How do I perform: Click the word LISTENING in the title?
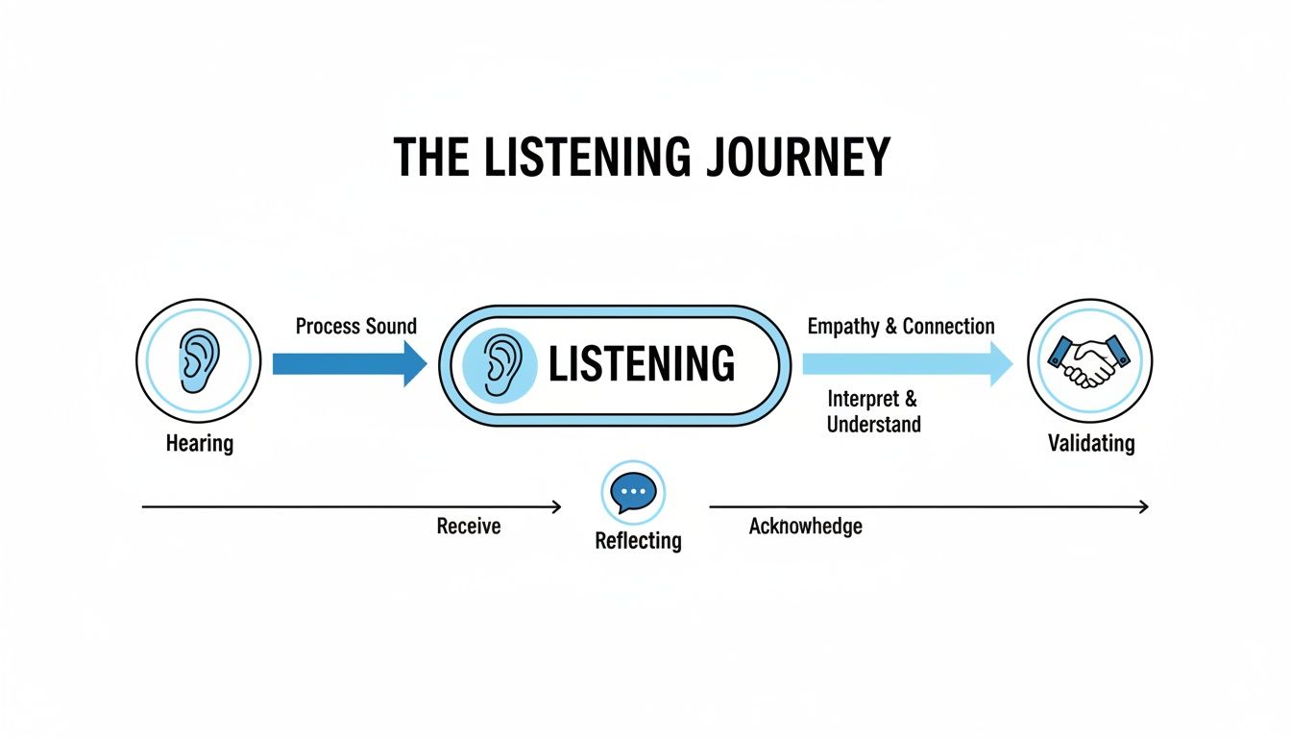click(x=587, y=158)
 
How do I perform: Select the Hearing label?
click(x=199, y=444)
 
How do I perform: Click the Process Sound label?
click(x=356, y=327)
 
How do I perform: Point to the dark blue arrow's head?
click(x=415, y=363)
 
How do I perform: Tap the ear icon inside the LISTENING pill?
click(x=499, y=366)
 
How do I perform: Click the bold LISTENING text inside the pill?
click(x=641, y=365)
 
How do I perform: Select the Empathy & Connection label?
click(x=901, y=327)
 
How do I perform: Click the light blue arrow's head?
click(x=1002, y=363)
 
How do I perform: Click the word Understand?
click(x=873, y=425)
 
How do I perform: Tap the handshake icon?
click(x=1089, y=361)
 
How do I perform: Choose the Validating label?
click(x=1090, y=444)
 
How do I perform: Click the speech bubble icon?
click(x=633, y=492)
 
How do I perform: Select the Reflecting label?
click(x=638, y=541)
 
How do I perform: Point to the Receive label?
click(x=469, y=527)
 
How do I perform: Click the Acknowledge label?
click(x=805, y=527)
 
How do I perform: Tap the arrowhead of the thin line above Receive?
click(x=556, y=506)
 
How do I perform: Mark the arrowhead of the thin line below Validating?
click(x=1143, y=506)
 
